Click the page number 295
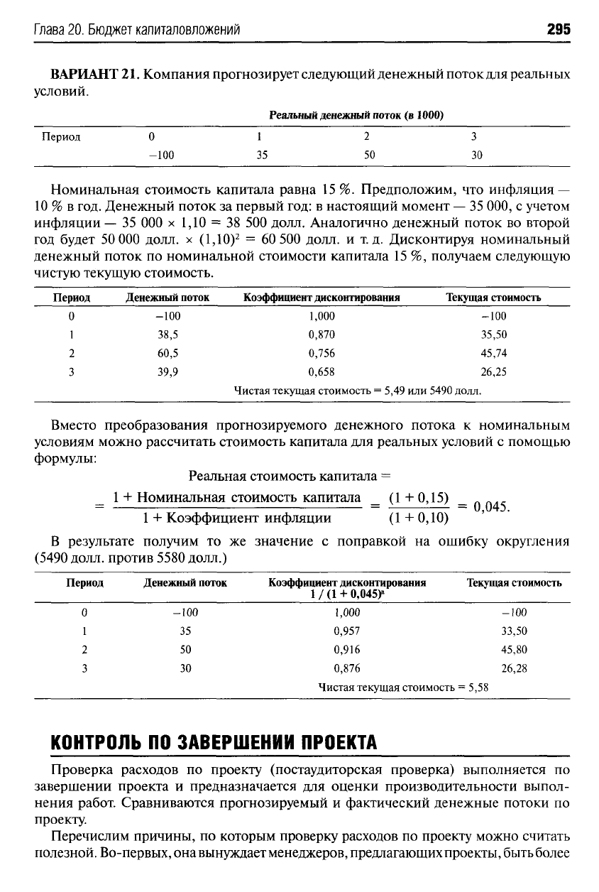click(x=559, y=30)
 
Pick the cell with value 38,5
click(x=167, y=334)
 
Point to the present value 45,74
click(x=493, y=353)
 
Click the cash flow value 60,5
click(x=167, y=353)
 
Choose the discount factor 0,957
click(x=346, y=631)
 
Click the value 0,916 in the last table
click(x=346, y=649)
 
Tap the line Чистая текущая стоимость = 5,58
click(x=403, y=687)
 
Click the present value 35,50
click(x=493, y=334)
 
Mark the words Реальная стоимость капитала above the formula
click(x=288, y=475)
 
